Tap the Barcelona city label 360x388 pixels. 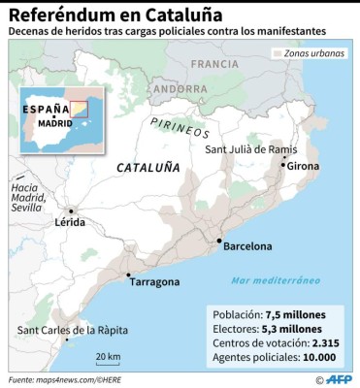tap(247, 246)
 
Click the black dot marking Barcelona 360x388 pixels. tap(220, 241)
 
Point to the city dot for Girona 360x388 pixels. tap(283, 166)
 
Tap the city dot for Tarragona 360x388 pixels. tap(128, 275)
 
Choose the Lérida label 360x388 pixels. tap(70, 222)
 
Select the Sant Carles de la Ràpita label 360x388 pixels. tap(72, 330)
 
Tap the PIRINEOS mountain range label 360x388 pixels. tap(180, 127)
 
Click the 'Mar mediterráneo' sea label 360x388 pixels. tap(275, 280)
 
